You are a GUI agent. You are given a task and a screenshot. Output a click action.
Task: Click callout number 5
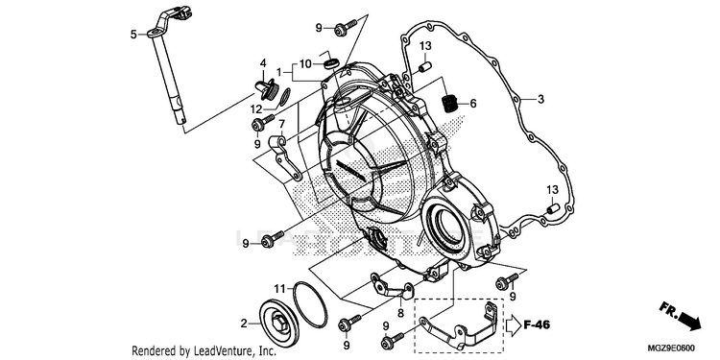[x=133, y=35]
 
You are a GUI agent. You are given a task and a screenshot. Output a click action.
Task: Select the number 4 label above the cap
[x=264, y=63]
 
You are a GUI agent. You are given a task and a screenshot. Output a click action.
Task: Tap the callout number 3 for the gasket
[x=540, y=99]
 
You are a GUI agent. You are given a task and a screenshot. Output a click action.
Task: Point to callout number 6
[x=473, y=104]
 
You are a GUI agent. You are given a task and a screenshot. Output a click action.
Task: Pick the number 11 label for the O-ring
[x=280, y=289]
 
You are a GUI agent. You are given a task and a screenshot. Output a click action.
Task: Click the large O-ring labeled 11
[x=310, y=304]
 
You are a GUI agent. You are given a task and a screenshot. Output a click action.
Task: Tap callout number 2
[x=244, y=324]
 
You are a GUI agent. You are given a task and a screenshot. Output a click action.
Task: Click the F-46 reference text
[x=537, y=325]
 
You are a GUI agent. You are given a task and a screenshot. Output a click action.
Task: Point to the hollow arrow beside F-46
[x=513, y=325]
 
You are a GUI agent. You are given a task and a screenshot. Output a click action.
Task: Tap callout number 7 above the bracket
[x=281, y=124]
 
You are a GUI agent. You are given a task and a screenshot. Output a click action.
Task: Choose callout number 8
[x=400, y=313]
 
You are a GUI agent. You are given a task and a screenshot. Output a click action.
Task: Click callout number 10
[x=305, y=63]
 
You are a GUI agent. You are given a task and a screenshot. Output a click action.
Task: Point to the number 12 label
[x=255, y=109]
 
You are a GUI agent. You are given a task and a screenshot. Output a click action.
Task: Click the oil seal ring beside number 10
[x=331, y=63]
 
